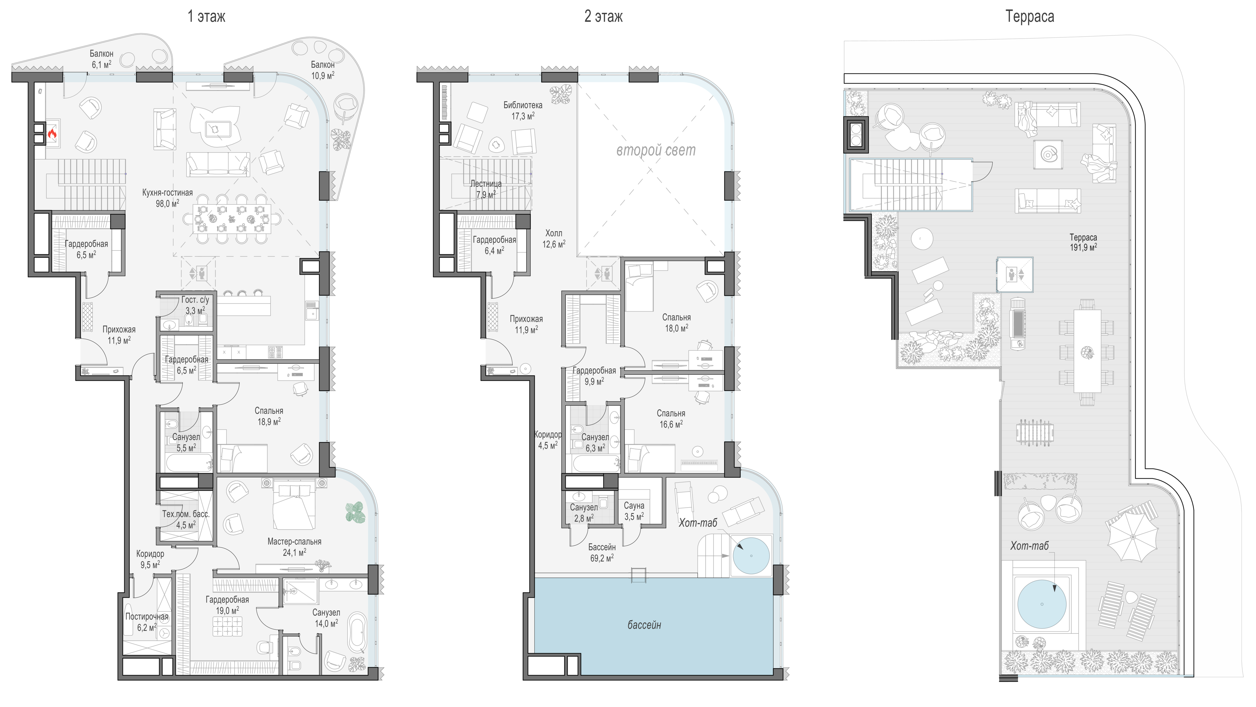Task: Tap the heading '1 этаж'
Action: click(206, 17)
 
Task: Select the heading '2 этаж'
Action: click(603, 17)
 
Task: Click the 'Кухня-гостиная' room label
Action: click(167, 192)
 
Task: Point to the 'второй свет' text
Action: click(656, 150)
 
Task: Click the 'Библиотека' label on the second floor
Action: click(523, 105)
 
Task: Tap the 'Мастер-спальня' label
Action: click(295, 541)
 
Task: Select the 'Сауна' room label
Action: click(634, 506)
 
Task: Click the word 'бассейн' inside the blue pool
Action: click(644, 625)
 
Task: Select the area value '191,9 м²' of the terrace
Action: click(1083, 247)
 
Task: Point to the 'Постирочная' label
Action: click(147, 616)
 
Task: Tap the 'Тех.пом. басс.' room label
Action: click(186, 514)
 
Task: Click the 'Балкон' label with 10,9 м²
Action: click(323, 64)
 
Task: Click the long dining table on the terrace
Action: click(1087, 351)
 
